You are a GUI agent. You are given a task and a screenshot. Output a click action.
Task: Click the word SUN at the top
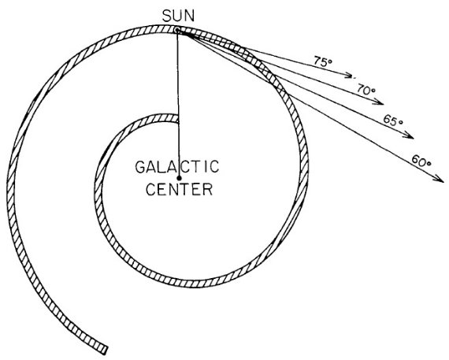(178, 16)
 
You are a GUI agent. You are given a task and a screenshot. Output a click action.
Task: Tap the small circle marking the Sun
(177, 29)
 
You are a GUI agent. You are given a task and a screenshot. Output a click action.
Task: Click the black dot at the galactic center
(180, 178)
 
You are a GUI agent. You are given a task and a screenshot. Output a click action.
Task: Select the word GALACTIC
(177, 167)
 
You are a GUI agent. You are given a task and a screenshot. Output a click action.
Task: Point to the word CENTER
(180, 189)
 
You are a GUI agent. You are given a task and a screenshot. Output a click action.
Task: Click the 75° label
(323, 61)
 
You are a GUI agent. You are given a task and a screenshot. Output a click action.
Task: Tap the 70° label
(366, 89)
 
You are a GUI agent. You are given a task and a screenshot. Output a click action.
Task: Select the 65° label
(393, 120)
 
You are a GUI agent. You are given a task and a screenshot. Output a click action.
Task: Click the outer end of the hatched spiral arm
(104, 350)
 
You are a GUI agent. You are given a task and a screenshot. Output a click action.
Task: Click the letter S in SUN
(167, 16)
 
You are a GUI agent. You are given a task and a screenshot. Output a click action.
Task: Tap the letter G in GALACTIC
(140, 167)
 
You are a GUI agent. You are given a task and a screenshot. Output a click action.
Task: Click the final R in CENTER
(208, 189)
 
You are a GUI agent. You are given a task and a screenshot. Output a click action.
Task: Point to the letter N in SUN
(190, 16)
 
